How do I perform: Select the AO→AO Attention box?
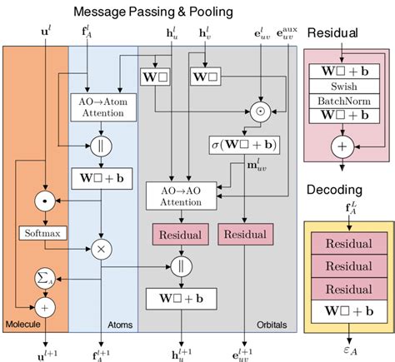(x=179, y=196)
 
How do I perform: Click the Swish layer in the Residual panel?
(x=343, y=86)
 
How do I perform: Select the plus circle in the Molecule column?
(x=40, y=306)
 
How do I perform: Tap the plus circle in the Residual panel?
(x=343, y=145)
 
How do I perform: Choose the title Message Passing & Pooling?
(x=153, y=12)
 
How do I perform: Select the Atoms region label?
(x=122, y=325)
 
